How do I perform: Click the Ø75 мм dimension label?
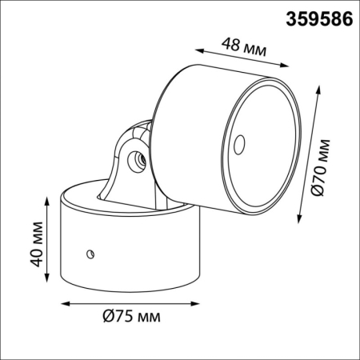pos(131,317)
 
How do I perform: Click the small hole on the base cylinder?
pos(90,254)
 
